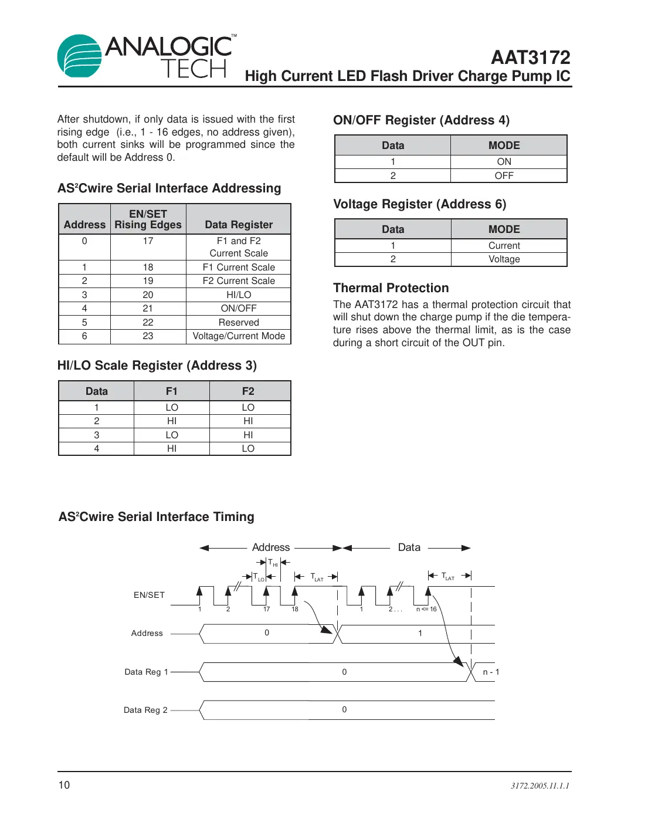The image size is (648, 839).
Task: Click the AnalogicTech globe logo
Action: click(80, 56)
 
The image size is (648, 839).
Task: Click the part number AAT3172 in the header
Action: click(530, 57)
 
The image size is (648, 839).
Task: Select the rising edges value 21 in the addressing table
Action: click(148, 309)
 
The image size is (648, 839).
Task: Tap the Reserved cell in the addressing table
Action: click(239, 323)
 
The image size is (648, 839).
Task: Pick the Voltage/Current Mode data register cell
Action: click(239, 336)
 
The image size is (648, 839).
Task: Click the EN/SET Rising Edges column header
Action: click(148, 219)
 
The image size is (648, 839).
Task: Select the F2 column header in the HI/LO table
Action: click(248, 391)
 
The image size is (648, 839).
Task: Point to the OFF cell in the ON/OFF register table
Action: click(504, 176)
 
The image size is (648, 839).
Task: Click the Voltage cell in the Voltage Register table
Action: click(504, 259)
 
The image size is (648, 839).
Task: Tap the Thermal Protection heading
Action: click(391, 288)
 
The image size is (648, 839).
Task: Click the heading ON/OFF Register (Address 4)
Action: click(421, 120)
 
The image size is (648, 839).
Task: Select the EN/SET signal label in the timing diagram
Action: click(149, 595)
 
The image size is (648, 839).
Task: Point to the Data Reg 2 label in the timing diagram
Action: click(145, 710)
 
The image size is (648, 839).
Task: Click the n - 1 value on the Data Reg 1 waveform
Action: click(490, 672)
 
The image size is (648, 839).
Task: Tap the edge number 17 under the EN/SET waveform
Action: click(266, 609)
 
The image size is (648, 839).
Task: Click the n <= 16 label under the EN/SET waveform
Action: click(426, 609)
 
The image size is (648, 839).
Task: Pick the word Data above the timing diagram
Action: click(409, 547)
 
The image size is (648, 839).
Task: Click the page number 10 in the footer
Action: click(64, 785)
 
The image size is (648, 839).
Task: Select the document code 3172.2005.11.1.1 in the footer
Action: click(540, 786)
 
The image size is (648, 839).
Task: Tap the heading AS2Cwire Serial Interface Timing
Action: click(156, 517)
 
